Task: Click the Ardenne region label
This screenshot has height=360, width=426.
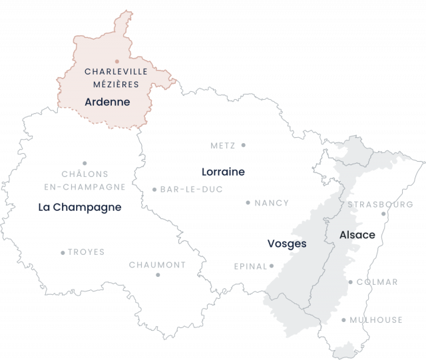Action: (x=107, y=102)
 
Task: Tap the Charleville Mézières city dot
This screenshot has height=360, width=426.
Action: (x=117, y=62)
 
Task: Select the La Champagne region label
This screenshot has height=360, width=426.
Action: (x=80, y=207)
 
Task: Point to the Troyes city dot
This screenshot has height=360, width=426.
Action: (x=63, y=253)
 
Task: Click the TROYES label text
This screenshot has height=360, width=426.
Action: (x=87, y=253)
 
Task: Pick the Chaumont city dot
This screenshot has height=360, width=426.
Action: (x=158, y=274)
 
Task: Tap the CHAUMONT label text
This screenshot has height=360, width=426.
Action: (x=157, y=264)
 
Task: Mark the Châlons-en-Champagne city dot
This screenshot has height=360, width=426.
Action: (x=85, y=163)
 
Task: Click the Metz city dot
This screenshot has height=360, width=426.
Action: (x=244, y=144)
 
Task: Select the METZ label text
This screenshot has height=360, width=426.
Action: (x=223, y=145)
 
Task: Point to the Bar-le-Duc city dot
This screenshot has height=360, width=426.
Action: (x=154, y=190)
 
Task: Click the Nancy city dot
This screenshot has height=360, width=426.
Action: (x=248, y=202)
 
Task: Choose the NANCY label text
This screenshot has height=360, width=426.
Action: (x=272, y=203)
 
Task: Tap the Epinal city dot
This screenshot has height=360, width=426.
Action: (x=272, y=266)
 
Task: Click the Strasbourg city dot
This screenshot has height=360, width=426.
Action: (x=383, y=214)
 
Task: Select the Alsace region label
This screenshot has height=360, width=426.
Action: (x=357, y=235)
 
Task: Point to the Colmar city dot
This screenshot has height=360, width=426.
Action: (x=351, y=282)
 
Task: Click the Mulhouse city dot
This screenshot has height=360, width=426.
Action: (x=344, y=320)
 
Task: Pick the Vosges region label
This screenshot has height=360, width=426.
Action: (x=286, y=244)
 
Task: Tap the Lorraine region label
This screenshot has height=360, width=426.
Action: (x=224, y=172)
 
